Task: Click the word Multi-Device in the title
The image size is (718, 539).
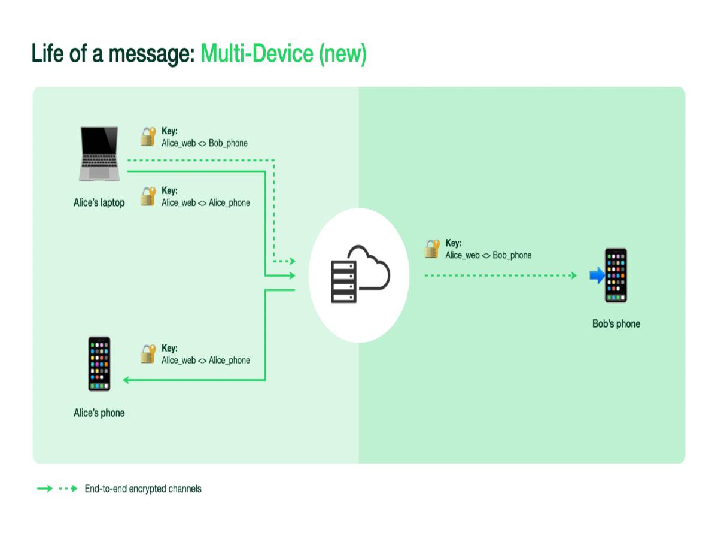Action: (x=257, y=54)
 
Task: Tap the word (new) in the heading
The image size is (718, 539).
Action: (x=342, y=54)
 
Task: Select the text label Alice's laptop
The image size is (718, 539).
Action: (x=99, y=203)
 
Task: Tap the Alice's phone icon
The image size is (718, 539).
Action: (x=99, y=364)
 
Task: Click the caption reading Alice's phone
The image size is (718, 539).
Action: (x=99, y=413)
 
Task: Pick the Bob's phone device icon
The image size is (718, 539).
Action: (x=616, y=275)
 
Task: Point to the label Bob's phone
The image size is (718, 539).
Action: (x=616, y=324)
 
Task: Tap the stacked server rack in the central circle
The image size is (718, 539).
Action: (x=343, y=280)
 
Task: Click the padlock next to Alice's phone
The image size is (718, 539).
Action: (x=148, y=354)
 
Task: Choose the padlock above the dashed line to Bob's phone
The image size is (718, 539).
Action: (x=432, y=249)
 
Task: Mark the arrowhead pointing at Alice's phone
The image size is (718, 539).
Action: (x=126, y=380)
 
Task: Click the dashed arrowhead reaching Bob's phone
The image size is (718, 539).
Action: (x=573, y=275)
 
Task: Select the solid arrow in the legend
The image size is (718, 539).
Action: (x=45, y=489)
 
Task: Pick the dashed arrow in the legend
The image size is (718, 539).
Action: (x=68, y=489)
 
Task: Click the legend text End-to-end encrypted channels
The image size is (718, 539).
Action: (x=143, y=489)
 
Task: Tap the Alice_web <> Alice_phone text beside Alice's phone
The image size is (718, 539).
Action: (x=205, y=361)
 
